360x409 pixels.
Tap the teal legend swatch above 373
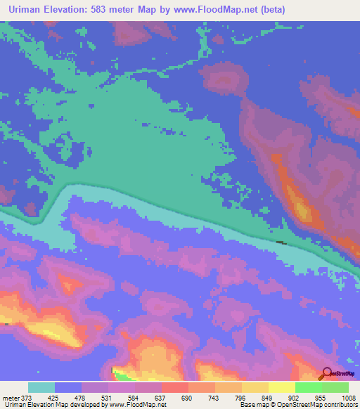pyautogui.click(x=41, y=387)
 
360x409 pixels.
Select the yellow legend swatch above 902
pyautogui.click(x=282, y=387)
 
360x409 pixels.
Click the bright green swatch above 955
pyautogui.click(x=309, y=387)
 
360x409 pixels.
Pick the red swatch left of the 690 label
pyautogui.click(x=175, y=387)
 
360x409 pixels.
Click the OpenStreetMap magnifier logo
pyautogui.click(x=327, y=373)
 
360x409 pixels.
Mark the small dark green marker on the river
pyautogui.click(x=281, y=242)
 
